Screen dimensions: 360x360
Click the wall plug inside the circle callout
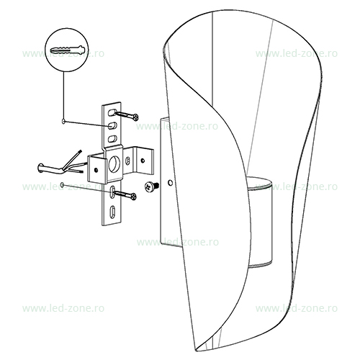68,50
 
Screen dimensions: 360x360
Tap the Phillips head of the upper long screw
136,117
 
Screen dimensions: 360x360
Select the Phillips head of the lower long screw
133,197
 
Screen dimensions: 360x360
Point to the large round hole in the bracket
114,164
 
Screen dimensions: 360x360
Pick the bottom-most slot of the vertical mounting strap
112,212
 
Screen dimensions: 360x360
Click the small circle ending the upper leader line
63,122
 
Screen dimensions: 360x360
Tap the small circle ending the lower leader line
63,184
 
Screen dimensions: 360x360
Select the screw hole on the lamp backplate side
170,183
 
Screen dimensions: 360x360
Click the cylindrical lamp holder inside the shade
261,222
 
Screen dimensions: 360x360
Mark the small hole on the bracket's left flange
96,170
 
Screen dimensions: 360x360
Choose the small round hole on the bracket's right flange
143,160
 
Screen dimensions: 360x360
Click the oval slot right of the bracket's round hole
127,161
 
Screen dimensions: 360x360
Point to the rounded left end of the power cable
40,168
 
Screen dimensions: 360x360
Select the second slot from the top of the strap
112,126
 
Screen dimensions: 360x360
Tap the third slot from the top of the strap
112,139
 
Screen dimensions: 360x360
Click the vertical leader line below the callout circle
63,96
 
